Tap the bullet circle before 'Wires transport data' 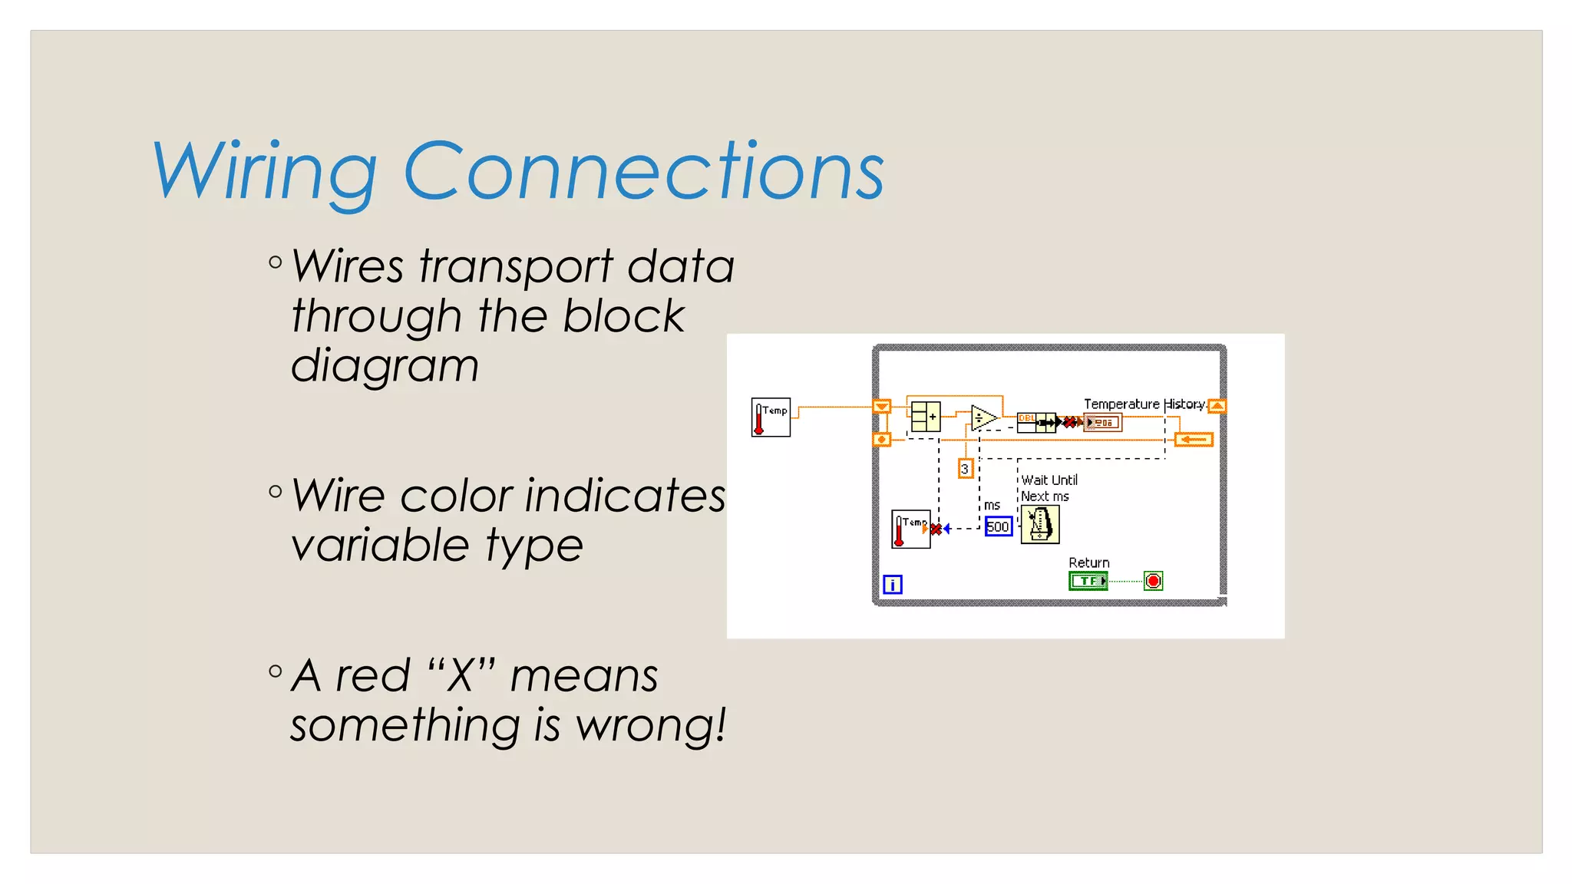(276, 262)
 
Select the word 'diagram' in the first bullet (385, 365)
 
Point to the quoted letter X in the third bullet (461, 676)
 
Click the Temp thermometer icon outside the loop (771, 417)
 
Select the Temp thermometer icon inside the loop (910, 529)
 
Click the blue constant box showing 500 (998, 526)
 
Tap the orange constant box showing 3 (965, 468)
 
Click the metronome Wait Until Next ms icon (1040, 525)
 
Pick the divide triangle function (983, 418)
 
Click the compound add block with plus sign (926, 417)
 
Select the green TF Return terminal (1088, 581)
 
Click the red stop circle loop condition (1153, 581)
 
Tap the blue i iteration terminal (892, 585)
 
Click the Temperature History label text (1143, 404)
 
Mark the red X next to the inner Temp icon (936, 529)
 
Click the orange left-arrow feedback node (1194, 440)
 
